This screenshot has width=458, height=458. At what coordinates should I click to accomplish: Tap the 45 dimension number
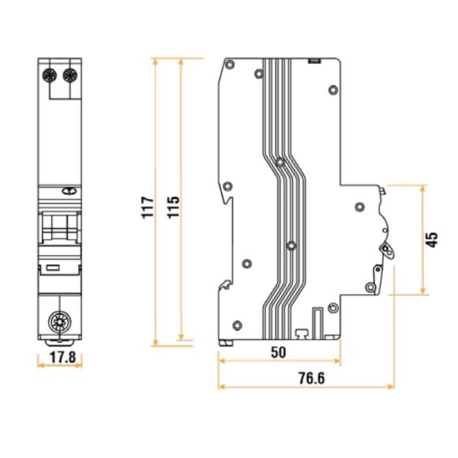[x=432, y=239]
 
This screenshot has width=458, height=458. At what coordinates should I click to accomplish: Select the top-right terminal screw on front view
[x=69, y=76]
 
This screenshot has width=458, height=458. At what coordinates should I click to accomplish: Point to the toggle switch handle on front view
[x=61, y=228]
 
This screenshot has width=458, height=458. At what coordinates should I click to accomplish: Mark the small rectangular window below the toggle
[x=54, y=268]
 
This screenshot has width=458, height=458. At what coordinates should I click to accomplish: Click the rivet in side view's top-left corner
[x=259, y=74]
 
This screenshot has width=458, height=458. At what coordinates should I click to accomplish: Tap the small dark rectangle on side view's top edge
[x=313, y=59]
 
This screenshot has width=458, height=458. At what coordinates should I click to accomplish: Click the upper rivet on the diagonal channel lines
[x=279, y=163]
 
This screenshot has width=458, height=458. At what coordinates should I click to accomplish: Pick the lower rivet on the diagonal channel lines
[x=291, y=246]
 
